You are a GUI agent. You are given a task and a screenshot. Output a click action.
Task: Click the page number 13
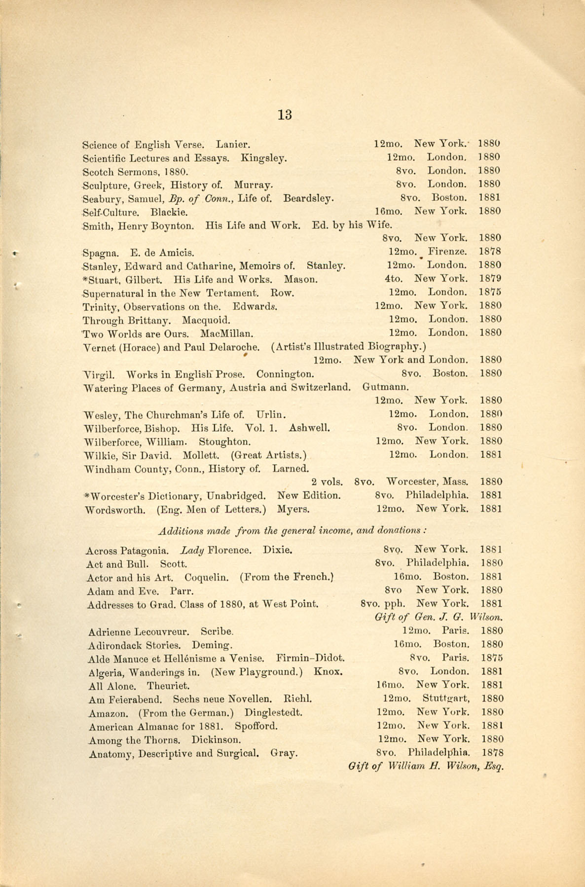(285, 115)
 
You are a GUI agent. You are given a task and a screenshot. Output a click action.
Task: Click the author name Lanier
(233, 145)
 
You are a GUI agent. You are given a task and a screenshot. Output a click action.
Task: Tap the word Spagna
(100, 254)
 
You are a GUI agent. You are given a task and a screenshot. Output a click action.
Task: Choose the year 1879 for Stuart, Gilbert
(490, 279)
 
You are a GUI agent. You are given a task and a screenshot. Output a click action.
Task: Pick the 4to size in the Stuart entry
(392, 279)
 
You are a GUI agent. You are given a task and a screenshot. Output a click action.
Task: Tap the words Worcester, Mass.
(428, 481)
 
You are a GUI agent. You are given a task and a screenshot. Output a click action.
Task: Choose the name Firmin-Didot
(310, 658)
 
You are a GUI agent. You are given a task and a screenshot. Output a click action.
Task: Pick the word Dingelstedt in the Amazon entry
(274, 712)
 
